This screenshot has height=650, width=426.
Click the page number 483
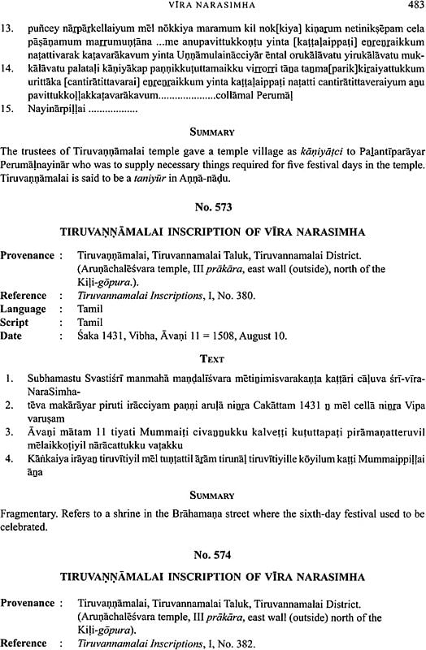pos(413,6)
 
